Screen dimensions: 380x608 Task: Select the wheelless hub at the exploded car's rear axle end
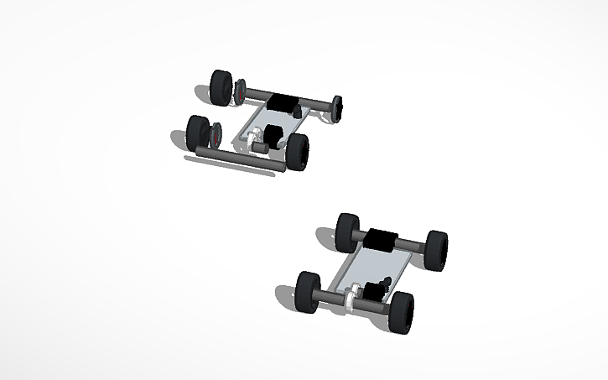point(338,107)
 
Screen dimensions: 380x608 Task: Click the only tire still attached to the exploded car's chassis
point(297,151)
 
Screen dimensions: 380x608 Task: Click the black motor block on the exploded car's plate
point(273,134)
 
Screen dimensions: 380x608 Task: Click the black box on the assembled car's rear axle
point(383,238)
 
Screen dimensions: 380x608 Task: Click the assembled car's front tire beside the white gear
point(308,291)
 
